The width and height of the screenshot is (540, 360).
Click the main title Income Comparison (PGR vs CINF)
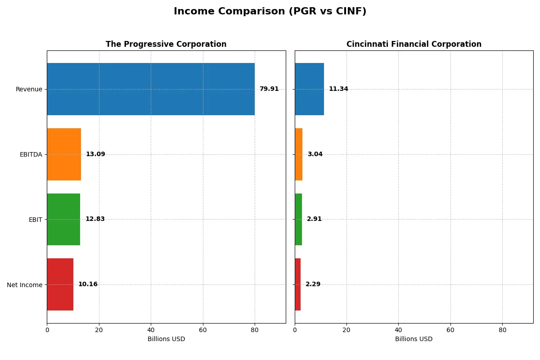(270, 12)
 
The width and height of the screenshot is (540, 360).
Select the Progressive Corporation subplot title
(166, 44)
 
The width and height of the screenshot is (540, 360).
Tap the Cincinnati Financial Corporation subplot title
(414, 44)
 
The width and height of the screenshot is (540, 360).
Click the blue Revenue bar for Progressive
(151, 89)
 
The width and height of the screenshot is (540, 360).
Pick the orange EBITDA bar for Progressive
(64, 154)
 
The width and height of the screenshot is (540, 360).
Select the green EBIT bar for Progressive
(63, 220)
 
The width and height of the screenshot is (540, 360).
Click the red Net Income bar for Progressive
(60, 284)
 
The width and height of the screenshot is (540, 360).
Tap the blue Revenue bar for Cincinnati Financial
(309, 89)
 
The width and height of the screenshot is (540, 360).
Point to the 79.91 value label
(269, 89)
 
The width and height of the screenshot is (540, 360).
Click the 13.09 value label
(95, 154)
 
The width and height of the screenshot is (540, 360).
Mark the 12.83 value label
(95, 219)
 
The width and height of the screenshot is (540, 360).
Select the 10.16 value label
(88, 284)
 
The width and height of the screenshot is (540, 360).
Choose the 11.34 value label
(338, 89)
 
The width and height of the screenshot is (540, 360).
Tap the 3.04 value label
(315, 154)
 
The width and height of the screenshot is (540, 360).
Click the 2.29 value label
(313, 284)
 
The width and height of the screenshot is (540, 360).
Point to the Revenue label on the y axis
(29, 89)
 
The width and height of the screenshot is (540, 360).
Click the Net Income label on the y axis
(25, 285)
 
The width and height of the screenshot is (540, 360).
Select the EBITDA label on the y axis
(31, 154)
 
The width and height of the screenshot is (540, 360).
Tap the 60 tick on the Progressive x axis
(203, 330)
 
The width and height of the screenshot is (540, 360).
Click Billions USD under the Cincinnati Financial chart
(414, 339)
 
